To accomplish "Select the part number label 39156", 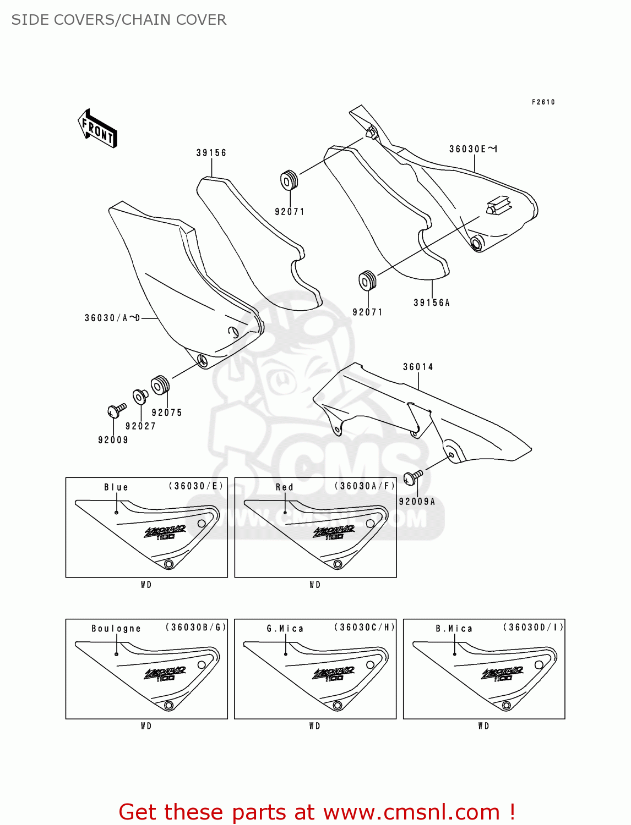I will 211,153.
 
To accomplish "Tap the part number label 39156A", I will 432,302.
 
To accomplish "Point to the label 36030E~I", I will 473,149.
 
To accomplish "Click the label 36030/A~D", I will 112,318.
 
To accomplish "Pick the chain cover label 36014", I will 418,367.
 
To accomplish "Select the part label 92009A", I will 417,501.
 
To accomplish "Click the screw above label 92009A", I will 412,477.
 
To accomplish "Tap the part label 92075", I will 167,413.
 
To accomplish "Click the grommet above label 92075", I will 160,385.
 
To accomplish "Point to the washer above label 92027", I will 140,396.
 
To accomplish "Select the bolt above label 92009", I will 116,410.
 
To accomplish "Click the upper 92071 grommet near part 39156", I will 289,180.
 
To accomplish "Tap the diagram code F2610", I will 543,102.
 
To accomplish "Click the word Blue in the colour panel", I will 116,487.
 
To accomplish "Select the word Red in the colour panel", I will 285,487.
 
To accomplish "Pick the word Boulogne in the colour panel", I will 116,629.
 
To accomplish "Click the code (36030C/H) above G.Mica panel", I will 365,627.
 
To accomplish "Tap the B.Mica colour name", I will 454,629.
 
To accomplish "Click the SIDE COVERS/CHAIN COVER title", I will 119,20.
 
